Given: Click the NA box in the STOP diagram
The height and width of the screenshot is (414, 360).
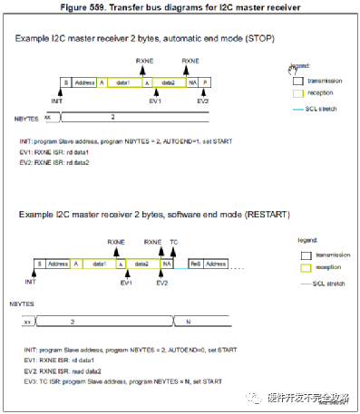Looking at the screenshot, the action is coord(192,82).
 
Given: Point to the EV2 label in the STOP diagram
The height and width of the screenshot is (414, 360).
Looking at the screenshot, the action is coord(201,101).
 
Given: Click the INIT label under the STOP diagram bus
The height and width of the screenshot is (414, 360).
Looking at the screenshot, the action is coord(55,101).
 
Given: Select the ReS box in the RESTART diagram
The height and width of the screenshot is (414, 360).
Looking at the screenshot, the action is coord(195,264).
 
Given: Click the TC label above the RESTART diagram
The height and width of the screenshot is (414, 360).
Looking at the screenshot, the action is coord(173,243).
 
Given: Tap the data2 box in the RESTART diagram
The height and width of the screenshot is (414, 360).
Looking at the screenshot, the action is coord(140,264).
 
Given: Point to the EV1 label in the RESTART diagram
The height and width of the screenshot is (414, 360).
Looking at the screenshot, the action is coord(126,283).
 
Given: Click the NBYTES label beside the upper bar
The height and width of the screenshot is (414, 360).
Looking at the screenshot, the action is coord(27,119).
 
